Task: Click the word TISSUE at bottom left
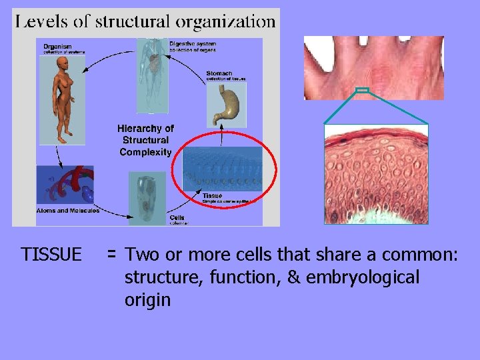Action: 51,255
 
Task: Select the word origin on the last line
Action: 147,300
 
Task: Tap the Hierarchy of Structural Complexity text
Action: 145,140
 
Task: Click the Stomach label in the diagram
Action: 219,73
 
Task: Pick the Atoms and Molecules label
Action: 67,211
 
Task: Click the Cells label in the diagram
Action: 177,217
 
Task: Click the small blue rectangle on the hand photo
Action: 362,90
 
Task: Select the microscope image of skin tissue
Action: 376,173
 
